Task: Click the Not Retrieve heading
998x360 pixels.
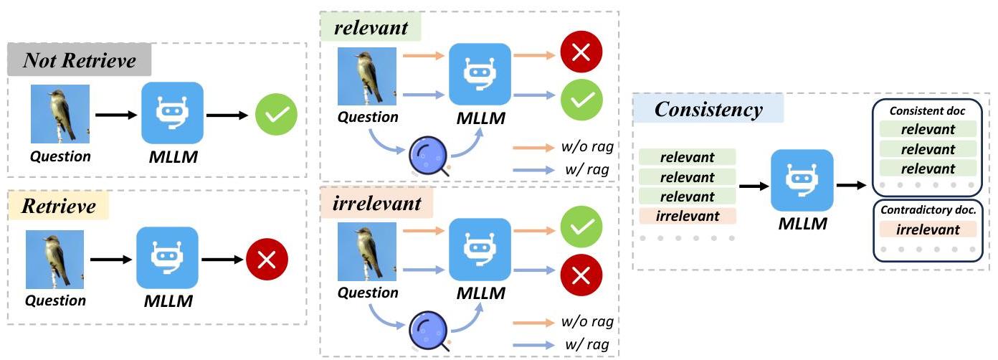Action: click(x=80, y=60)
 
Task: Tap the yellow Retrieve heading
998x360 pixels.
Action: click(x=58, y=206)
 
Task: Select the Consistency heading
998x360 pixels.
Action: click(x=708, y=109)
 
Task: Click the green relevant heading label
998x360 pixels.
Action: click(x=371, y=28)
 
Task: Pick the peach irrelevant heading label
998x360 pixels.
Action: click(x=377, y=204)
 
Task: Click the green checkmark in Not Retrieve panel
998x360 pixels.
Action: click(x=276, y=115)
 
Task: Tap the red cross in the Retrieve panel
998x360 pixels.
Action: click(x=267, y=260)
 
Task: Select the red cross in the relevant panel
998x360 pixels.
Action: click(x=581, y=52)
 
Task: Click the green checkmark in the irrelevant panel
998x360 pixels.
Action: click(x=581, y=227)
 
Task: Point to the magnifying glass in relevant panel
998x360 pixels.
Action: click(x=429, y=155)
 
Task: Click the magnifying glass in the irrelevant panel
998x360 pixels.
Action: click(x=429, y=330)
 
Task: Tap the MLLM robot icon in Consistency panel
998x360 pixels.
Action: click(x=802, y=181)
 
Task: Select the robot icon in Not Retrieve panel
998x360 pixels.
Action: click(x=172, y=113)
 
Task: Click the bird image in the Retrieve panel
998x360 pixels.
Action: click(x=54, y=260)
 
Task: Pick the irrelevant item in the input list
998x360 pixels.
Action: click(x=688, y=216)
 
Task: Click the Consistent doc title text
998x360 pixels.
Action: click(x=927, y=111)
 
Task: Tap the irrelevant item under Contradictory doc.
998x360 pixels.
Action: click(x=928, y=229)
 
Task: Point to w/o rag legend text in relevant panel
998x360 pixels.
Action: click(x=587, y=146)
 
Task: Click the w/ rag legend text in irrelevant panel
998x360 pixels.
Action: click(x=586, y=344)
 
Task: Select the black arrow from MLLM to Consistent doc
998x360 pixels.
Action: click(x=852, y=185)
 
